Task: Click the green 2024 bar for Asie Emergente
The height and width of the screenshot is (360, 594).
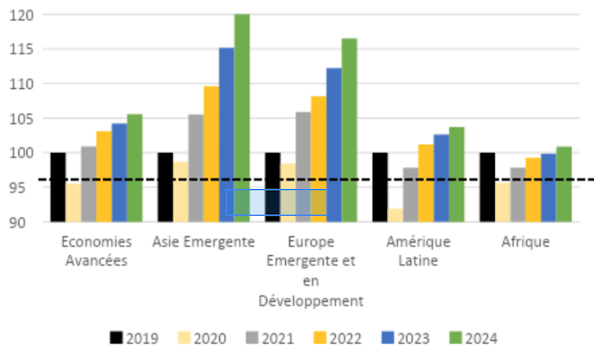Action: pos(242,118)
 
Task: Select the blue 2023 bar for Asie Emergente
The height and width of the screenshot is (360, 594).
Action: pos(226,134)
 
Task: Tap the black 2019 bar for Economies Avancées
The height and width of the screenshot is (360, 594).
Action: pos(58,187)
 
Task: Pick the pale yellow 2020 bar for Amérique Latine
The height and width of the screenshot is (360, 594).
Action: pos(395,214)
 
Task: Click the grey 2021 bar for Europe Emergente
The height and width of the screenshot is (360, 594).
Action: pos(303,166)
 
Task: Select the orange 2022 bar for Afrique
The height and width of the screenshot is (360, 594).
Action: pos(533,189)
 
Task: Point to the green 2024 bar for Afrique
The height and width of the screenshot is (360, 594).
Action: pos(564,184)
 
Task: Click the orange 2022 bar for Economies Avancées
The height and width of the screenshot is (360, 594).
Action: pos(104,176)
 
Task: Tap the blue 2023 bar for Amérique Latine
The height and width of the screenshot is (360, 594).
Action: pos(441,177)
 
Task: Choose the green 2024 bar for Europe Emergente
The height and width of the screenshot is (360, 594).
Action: pos(349,130)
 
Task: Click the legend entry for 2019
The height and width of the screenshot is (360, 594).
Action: pos(134,339)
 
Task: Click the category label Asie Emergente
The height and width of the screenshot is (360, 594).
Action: pos(203,241)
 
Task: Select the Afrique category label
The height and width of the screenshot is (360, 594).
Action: pos(525,241)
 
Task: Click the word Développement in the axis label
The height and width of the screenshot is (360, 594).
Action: pos(310,301)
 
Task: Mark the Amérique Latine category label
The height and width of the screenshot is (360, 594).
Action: pos(418,250)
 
